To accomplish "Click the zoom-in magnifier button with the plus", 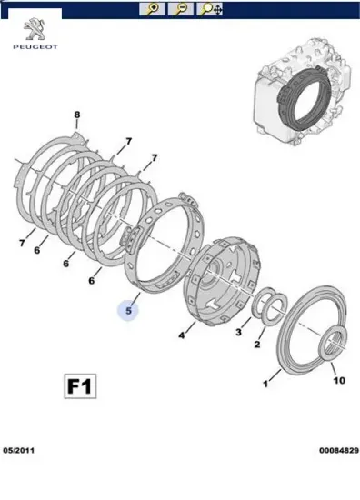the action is pos(152,8).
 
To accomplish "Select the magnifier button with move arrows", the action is pos(209,8).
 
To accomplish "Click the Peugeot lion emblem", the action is pos(35,29).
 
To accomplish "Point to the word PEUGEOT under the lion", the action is pos(35,47).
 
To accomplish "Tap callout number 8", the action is pos(77,115).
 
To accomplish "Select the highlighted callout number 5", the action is pos(128,311).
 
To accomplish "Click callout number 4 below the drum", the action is pos(181,335).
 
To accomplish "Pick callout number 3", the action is pos(238,332).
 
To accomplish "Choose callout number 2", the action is pos(257,345).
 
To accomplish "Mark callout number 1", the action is pos(265,384).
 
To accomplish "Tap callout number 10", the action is pos(339,380).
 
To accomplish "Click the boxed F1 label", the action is pos(80,386).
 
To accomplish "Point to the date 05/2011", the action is pos(18,451).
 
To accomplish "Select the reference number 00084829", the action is pos(339,451).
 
